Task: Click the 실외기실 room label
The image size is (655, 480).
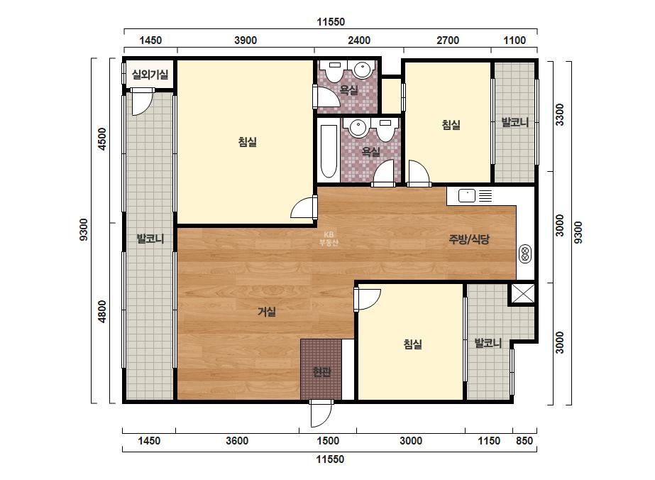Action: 150,75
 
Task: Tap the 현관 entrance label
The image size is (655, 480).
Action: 321,371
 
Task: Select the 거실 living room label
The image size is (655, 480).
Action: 267,312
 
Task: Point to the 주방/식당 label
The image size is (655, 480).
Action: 468,239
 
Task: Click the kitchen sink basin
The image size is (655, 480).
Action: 467,195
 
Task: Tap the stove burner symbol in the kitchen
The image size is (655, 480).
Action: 525,254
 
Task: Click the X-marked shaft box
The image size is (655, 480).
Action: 523,293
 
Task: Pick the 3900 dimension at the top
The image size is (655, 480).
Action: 246,40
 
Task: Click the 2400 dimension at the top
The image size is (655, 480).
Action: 359,40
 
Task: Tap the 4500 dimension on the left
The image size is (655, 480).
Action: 102,139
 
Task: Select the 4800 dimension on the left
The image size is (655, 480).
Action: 102,312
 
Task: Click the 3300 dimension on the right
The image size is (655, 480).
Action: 560,114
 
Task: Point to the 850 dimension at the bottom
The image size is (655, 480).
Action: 524,441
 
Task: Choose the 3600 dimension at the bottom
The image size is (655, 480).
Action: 237,441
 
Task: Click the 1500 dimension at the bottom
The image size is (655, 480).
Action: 328,441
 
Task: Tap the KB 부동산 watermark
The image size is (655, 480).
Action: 329,239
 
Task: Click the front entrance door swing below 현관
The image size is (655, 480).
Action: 321,414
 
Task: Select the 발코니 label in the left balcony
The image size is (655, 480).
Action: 150,239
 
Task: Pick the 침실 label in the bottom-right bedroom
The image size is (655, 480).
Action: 413,344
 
